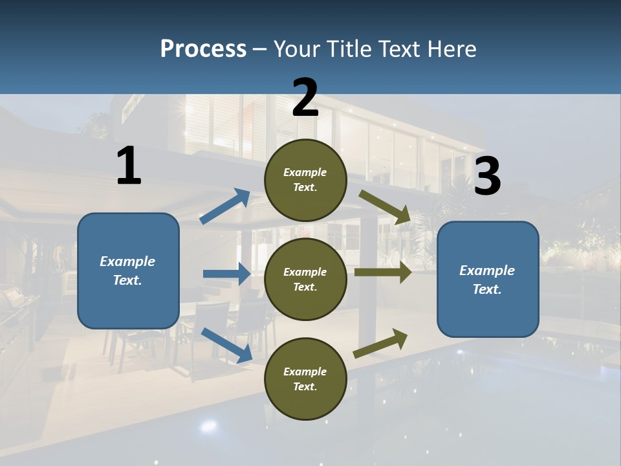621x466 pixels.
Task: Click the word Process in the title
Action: click(203, 49)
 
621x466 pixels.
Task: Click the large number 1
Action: click(129, 166)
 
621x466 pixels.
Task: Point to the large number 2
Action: click(305, 98)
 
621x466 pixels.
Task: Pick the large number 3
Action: click(487, 177)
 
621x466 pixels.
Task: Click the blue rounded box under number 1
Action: click(128, 271)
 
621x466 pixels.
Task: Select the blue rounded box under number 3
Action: click(488, 280)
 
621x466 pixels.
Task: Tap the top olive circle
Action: click(305, 180)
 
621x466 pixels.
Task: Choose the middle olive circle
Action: click(305, 279)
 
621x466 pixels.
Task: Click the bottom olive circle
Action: click(305, 379)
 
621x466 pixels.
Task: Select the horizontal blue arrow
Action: click(226, 274)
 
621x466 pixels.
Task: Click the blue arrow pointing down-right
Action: click(226, 345)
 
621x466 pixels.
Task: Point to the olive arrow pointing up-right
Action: click(380, 344)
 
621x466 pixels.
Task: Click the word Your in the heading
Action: click(298, 49)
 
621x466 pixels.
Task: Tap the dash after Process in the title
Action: click(260, 49)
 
